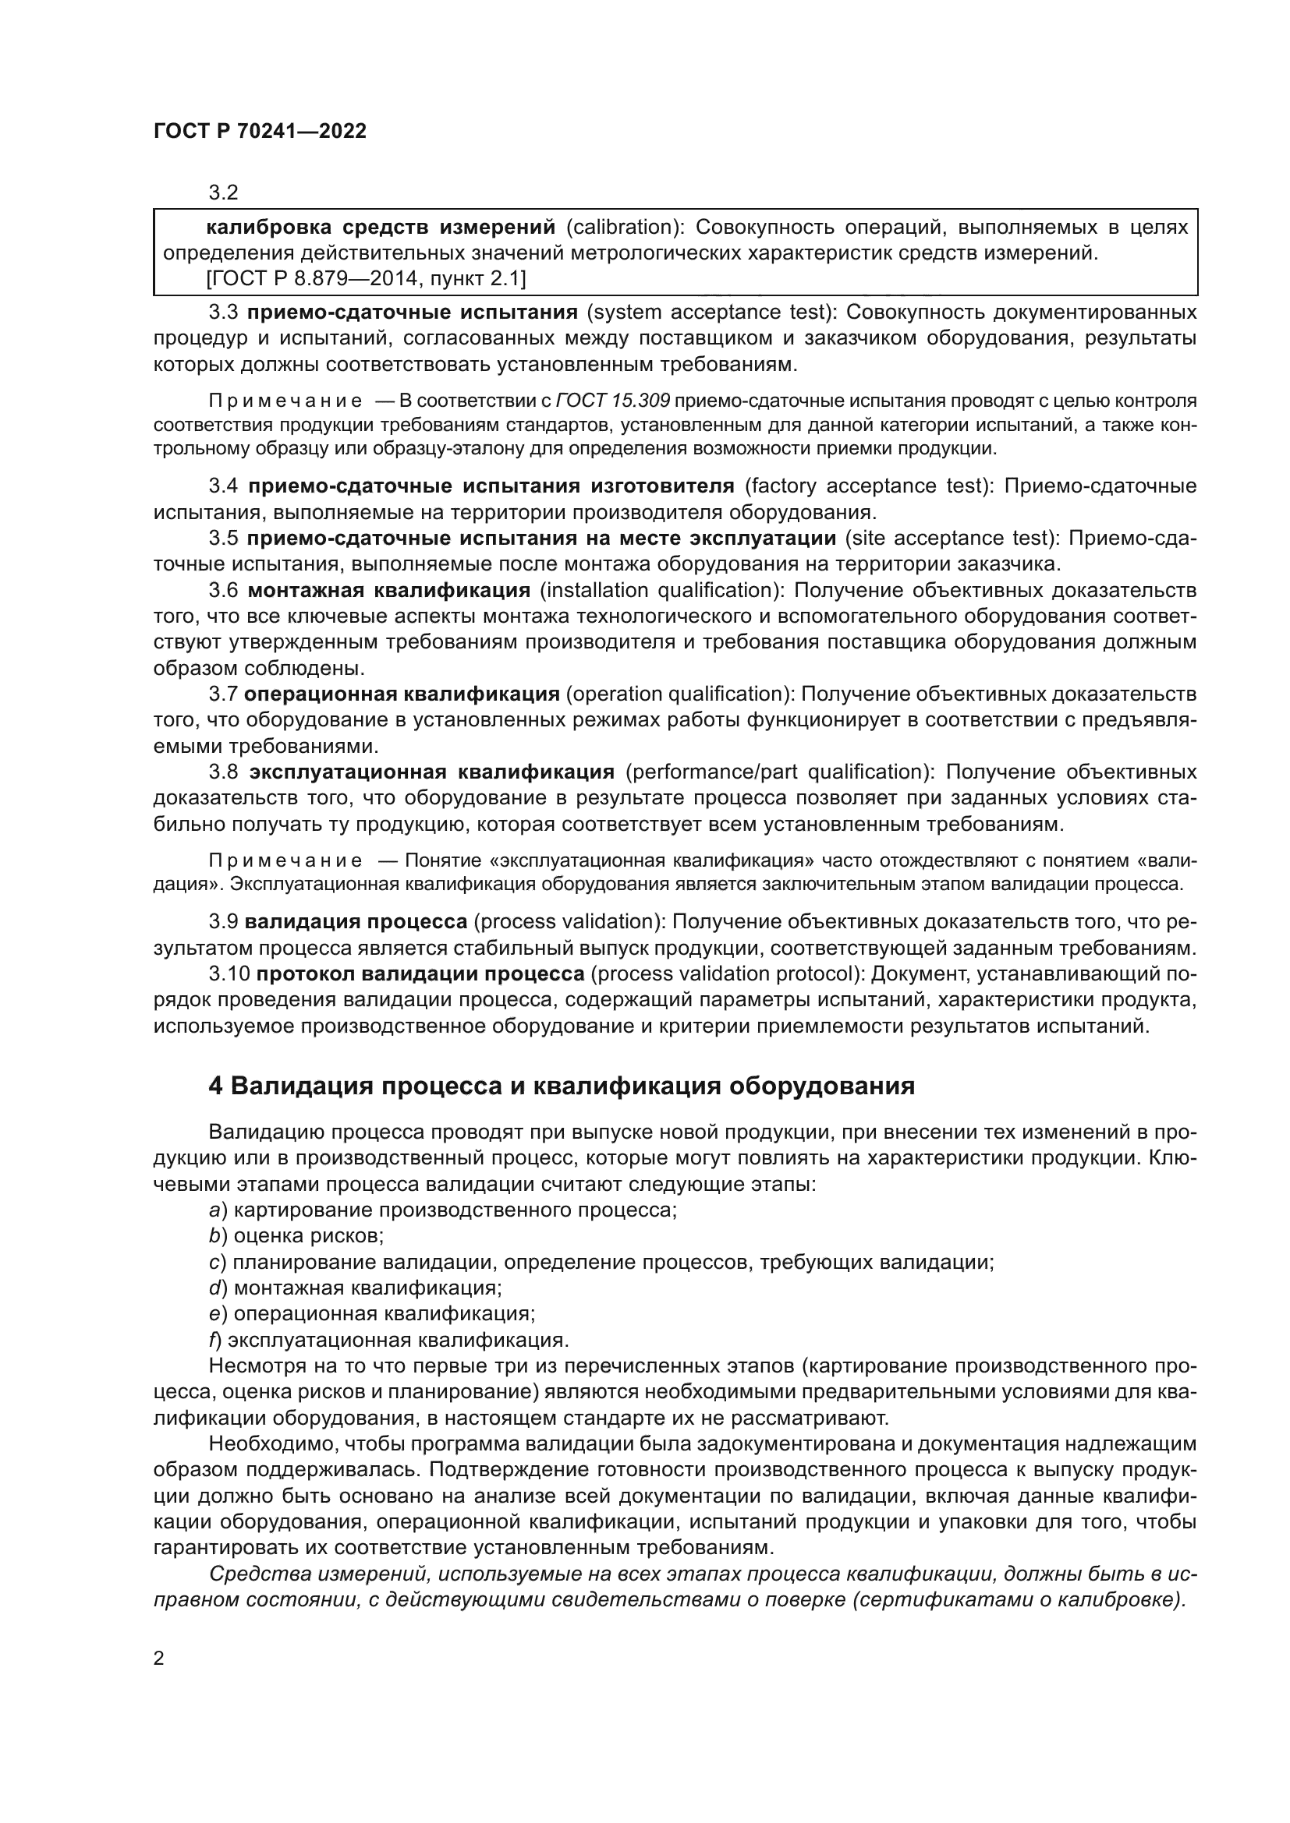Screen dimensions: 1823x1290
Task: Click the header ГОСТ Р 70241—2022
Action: (260, 132)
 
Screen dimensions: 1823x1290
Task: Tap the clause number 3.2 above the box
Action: (223, 193)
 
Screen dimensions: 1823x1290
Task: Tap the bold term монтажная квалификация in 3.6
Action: (388, 591)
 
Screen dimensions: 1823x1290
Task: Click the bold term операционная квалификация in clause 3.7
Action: (401, 694)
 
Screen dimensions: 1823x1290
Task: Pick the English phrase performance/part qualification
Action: (774, 772)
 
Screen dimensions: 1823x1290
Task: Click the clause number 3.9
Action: (223, 922)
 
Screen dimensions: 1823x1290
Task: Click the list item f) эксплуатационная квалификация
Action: (389, 1341)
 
